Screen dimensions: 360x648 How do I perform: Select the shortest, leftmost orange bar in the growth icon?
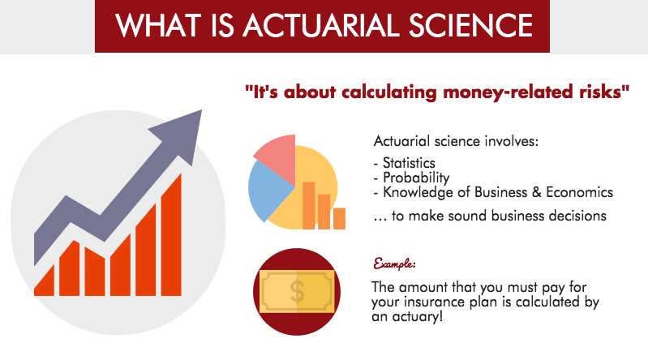click(45, 276)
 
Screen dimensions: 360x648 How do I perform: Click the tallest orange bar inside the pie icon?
click(308, 205)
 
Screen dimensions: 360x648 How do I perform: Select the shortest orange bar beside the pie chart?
click(338, 218)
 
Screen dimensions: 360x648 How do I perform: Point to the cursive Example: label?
click(394, 264)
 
